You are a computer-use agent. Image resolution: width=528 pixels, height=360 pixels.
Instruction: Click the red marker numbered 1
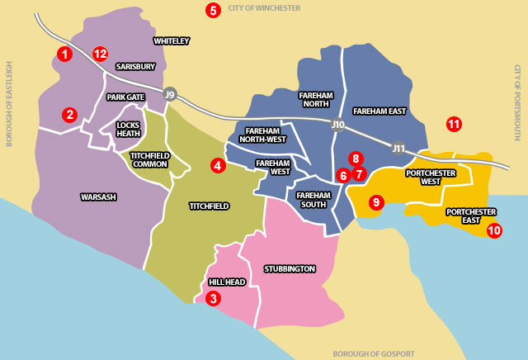pyautogui.click(x=64, y=54)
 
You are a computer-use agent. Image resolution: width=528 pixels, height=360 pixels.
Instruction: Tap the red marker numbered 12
pyautogui.click(x=100, y=54)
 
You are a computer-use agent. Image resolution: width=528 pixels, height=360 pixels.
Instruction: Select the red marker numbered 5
pyautogui.click(x=214, y=11)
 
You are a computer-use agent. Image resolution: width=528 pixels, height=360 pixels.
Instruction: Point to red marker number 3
pyautogui.click(x=214, y=298)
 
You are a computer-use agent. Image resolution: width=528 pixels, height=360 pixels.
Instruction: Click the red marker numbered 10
pyautogui.click(x=494, y=230)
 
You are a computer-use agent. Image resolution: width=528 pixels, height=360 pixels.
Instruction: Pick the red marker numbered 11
pyautogui.click(x=454, y=124)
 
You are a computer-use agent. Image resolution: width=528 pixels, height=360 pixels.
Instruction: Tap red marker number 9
pyautogui.click(x=375, y=201)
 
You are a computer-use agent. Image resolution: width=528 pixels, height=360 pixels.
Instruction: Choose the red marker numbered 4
pyautogui.click(x=218, y=165)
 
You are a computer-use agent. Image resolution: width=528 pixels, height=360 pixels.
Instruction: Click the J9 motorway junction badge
pyautogui.click(x=170, y=93)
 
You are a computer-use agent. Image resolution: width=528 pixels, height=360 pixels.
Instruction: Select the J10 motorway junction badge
pyautogui.click(x=337, y=125)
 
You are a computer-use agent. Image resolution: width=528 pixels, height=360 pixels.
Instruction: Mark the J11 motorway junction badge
pyautogui.click(x=398, y=149)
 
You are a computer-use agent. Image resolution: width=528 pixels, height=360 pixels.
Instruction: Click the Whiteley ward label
pyautogui.click(x=172, y=40)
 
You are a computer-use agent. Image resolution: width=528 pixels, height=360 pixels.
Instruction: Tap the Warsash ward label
pyautogui.click(x=98, y=197)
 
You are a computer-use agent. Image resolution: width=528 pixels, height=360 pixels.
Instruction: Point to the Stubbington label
pyautogui.click(x=289, y=268)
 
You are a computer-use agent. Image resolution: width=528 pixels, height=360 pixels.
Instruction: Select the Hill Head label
pyautogui.click(x=227, y=282)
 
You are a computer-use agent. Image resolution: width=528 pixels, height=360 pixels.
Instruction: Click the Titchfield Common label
pyautogui.click(x=149, y=159)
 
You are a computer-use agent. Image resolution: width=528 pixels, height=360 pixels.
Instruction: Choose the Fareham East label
pyautogui.click(x=379, y=111)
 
